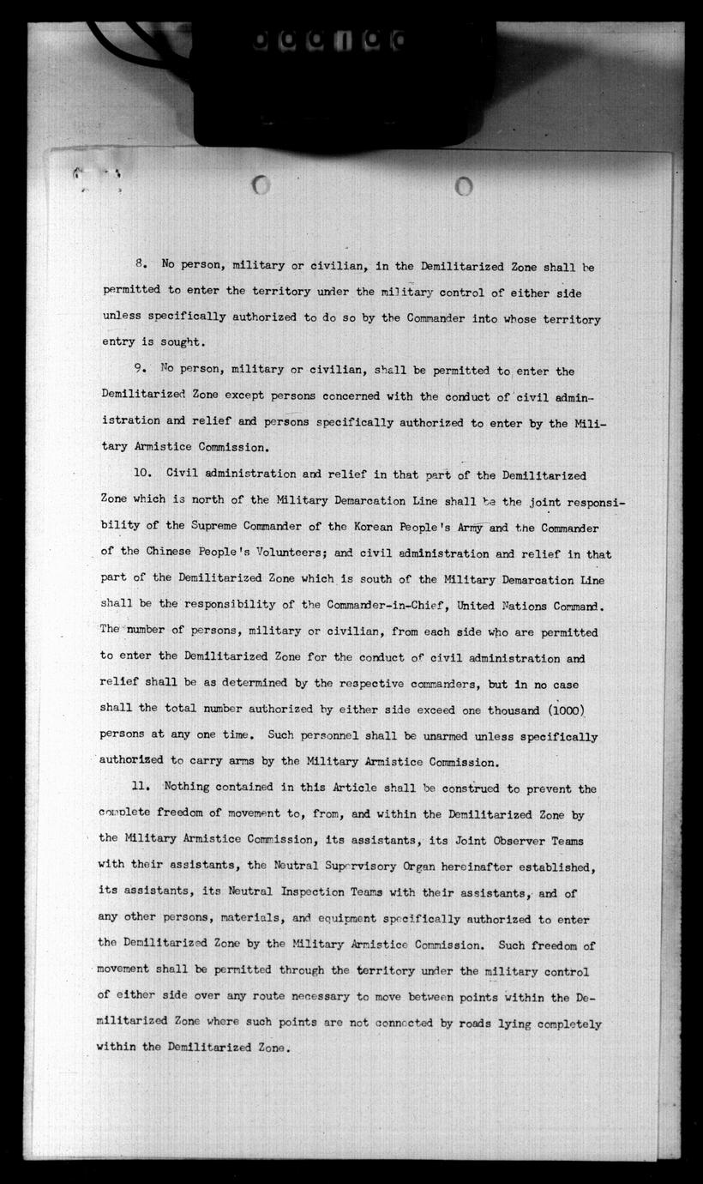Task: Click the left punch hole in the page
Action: pos(261,184)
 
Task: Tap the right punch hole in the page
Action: pos(464,185)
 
